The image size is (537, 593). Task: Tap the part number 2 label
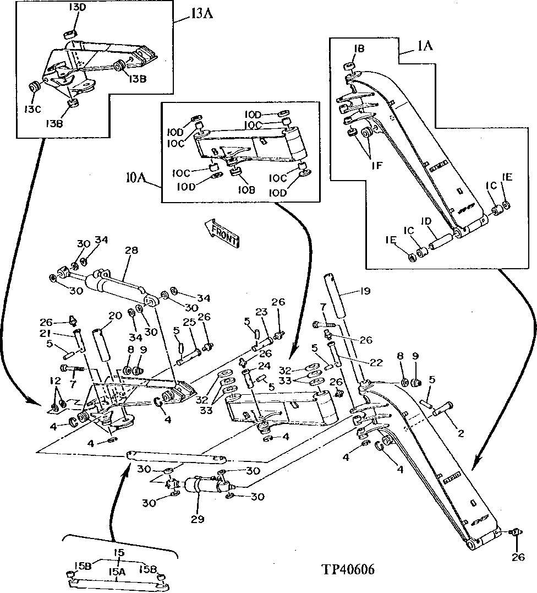click(x=461, y=433)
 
